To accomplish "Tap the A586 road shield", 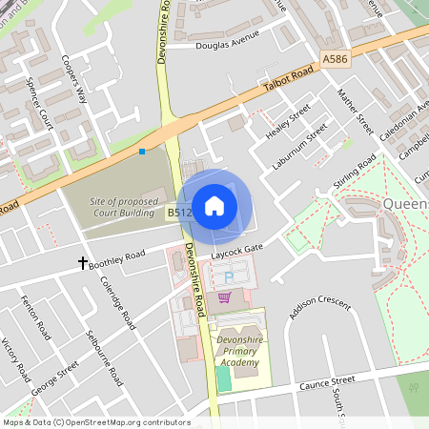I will click(335, 59).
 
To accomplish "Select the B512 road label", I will click(180, 214).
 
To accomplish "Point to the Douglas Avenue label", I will click(227, 45).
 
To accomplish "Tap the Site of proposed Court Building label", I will click(122, 208).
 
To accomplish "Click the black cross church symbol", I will click(83, 261).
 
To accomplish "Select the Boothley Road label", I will click(117, 257).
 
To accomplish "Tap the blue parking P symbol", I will click(228, 277).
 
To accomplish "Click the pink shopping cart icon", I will click(224, 297).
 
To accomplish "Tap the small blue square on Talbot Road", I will click(142, 151).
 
